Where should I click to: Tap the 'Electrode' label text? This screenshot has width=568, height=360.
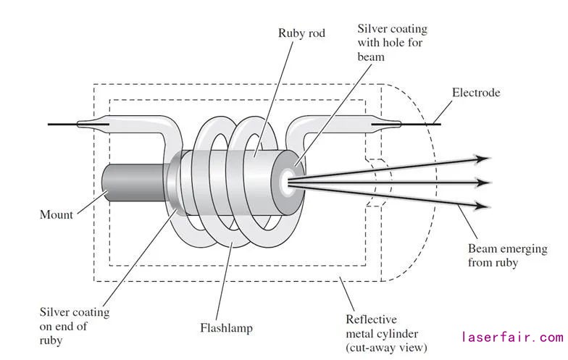[476, 93]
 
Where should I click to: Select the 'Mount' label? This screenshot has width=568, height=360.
[56, 214]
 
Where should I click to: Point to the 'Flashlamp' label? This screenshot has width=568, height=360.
[226, 328]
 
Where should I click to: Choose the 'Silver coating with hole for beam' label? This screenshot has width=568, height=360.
[392, 43]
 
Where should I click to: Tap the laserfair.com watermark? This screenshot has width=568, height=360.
[511, 338]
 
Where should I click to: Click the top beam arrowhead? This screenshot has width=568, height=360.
[482, 158]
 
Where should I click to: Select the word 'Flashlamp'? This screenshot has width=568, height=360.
[226, 328]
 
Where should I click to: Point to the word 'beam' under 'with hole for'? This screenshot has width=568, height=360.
[371, 56]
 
